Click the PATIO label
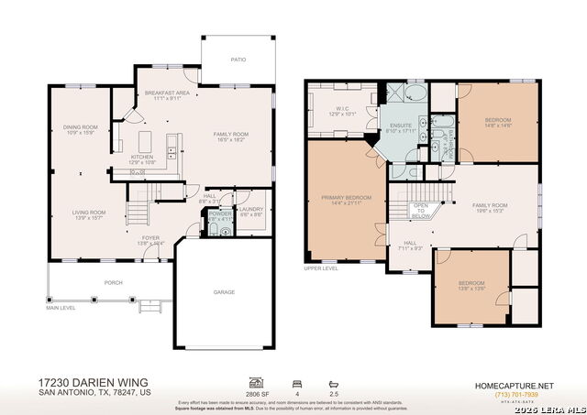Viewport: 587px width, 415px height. pyautogui.click(x=238, y=60)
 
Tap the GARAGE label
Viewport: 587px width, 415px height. pyautogui.click(x=225, y=292)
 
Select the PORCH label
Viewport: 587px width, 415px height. pyautogui.click(x=113, y=283)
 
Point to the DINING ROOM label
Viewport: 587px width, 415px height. pyautogui.click(x=82, y=126)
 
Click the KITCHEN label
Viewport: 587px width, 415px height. pyautogui.click(x=141, y=157)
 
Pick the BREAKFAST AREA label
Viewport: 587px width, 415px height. pyautogui.click(x=167, y=93)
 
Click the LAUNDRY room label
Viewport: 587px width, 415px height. pyautogui.click(x=251, y=210)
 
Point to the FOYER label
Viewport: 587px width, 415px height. pyautogui.click(x=149, y=239)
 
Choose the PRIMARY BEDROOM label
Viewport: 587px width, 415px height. pyautogui.click(x=346, y=198)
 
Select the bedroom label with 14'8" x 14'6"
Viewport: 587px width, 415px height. pyautogui.click(x=497, y=120)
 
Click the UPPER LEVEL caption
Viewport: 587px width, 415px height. pyautogui.click(x=321, y=268)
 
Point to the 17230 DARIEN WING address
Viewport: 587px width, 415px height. pyautogui.click(x=93, y=382)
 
